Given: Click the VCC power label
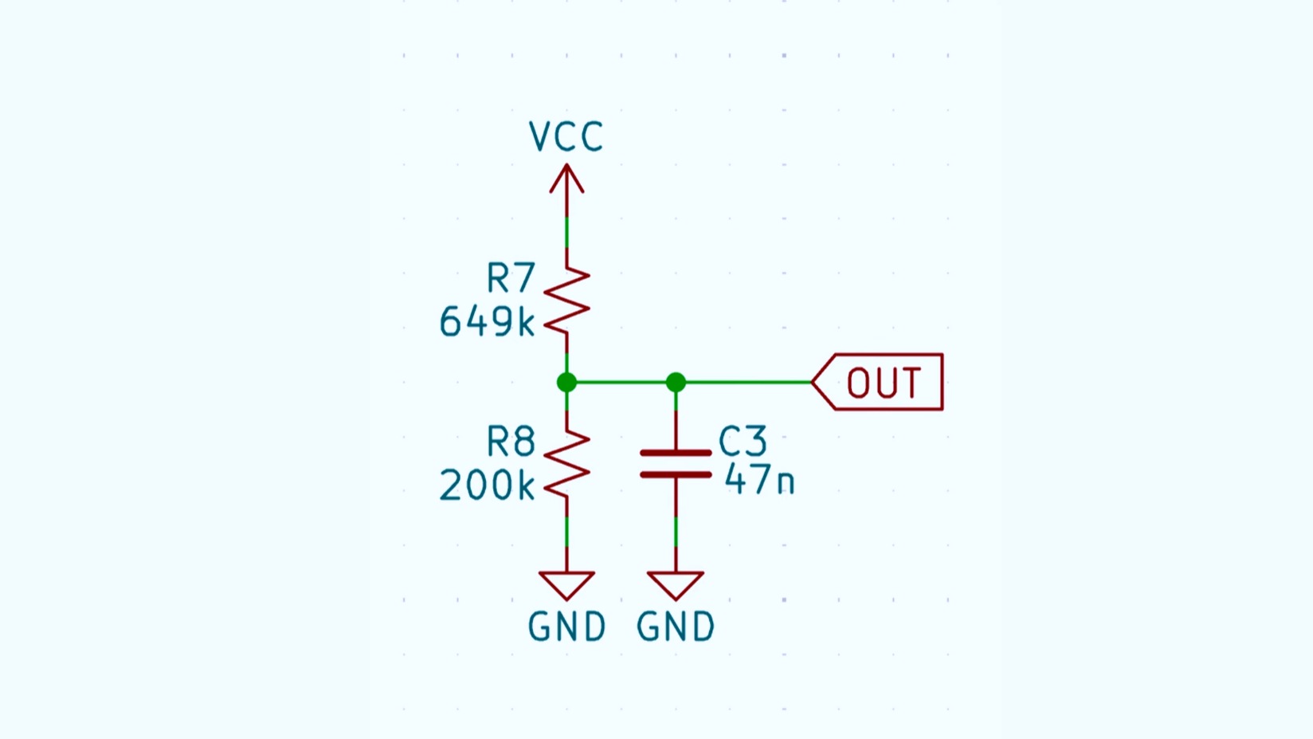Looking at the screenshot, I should pyautogui.click(x=566, y=137).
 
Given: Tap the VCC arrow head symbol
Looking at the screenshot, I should pyautogui.click(x=566, y=179).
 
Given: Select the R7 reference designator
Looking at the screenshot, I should pyautogui.click(x=511, y=279).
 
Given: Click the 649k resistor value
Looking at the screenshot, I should pyautogui.click(x=487, y=323).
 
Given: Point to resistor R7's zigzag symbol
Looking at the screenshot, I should pyautogui.click(x=566, y=301).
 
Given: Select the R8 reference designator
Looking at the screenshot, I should pyautogui.click(x=511, y=442).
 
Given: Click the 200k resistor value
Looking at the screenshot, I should pyautogui.click(x=487, y=485).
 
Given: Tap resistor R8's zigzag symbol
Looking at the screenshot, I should pyautogui.click(x=566, y=464).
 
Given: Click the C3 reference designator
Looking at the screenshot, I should pyautogui.click(x=743, y=441).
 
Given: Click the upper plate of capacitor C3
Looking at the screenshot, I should pyautogui.click(x=676, y=453).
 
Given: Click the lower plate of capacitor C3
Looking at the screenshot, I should pyautogui.click(x=676, y=474).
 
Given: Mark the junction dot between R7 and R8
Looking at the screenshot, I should pyautogui.click(x=566, y=383).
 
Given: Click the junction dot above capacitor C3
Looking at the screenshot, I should pyautogui.click(x=676, y=383).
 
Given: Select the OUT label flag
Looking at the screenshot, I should pyautogui.click(x=880, y=383).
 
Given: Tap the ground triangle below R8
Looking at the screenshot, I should pyautogui.click(x=566, y=584).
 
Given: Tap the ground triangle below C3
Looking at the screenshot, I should pyautogui.click(x=676, y=584).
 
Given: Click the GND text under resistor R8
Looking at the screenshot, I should pyautogui.click(x=566, y=627).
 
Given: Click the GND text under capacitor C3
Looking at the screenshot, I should pyautogui.click(x=676, y=627).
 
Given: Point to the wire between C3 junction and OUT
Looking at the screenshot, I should pyautogui.click(x=745, y=383).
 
